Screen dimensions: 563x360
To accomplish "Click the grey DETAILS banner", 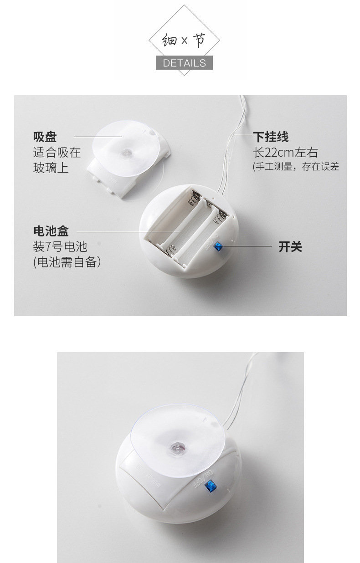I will coord(184,63).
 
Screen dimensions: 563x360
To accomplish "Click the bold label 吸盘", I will coord(45,137).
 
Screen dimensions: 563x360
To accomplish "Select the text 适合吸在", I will coord(57,152).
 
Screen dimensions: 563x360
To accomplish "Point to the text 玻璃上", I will coord(51,167).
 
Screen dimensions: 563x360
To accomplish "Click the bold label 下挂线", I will coord(271,137).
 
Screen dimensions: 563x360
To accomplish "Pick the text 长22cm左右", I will coord(285,152).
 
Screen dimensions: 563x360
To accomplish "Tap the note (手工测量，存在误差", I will coord(296,167).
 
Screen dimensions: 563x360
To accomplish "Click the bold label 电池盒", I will coord(51,231).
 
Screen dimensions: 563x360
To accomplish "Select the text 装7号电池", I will coord(60,246).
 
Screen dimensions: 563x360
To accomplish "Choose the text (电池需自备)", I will coord(67,262).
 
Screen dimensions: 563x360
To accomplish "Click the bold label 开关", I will coord(290,247).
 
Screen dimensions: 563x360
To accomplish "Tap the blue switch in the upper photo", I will coord(218,246).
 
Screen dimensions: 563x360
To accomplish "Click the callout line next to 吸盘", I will coord(98,137).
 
